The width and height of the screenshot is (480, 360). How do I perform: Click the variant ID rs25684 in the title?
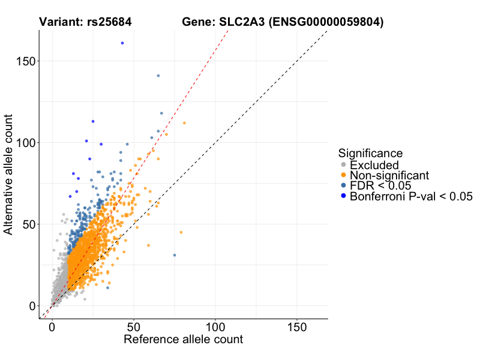(x=106, y=23)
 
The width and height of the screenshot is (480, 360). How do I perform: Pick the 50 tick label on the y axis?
(x=29, y=224)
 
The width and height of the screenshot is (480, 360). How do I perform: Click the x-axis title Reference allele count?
(x=183, y=340)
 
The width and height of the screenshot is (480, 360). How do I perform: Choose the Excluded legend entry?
(x=374, y=165)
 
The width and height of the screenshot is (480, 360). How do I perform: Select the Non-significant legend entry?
(x=389, y=175)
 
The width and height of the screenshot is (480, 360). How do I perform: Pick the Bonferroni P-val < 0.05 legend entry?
(x=411, y=196)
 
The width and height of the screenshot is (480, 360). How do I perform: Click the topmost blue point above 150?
(x=122, y=43)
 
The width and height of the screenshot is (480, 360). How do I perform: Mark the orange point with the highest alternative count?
(x=184, y=123)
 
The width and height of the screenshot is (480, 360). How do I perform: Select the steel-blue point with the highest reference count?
(x=175, y=255)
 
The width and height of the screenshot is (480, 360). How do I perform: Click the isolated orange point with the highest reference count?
(x=181, y=232)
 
